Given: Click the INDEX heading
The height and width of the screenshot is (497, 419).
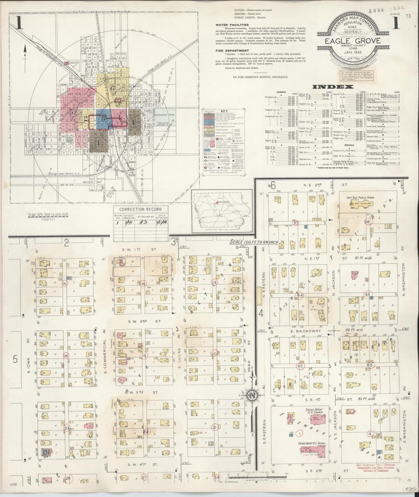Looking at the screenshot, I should pos(333,87).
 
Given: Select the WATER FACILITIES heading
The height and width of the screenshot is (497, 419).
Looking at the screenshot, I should pos(232,25).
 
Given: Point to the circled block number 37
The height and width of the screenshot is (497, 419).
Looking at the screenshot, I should pos(295,223).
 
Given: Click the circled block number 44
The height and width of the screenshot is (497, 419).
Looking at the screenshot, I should pos(300,295).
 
